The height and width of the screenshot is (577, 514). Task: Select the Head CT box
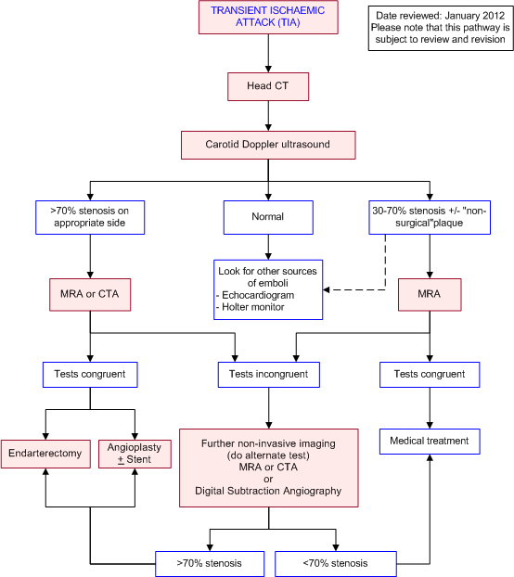pos(267,87)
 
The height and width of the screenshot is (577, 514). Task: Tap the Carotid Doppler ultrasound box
pos(267,145)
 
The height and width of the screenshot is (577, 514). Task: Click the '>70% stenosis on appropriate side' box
pos(90,216)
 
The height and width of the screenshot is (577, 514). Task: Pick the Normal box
pos(267,216)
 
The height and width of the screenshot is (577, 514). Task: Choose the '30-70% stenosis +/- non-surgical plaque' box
pos(429,216)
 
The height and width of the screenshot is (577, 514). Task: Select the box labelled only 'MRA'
pos(429,294)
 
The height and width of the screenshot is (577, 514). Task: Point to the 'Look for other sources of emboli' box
pos(267,288)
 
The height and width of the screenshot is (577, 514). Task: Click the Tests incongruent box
pos(268,375)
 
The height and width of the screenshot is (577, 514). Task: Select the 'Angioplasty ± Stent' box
pos(135,454)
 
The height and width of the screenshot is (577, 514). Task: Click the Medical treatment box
pos(429,441)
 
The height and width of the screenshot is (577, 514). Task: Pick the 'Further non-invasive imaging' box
pos(269,468)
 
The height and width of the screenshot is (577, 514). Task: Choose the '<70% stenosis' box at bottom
pos(336,563)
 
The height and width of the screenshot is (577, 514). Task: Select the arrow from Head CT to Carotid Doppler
pos(267,116)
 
